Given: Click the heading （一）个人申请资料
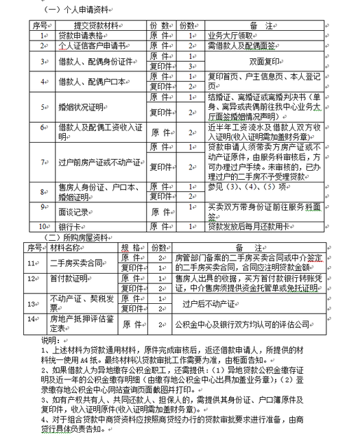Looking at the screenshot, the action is (x=76, y=12).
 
